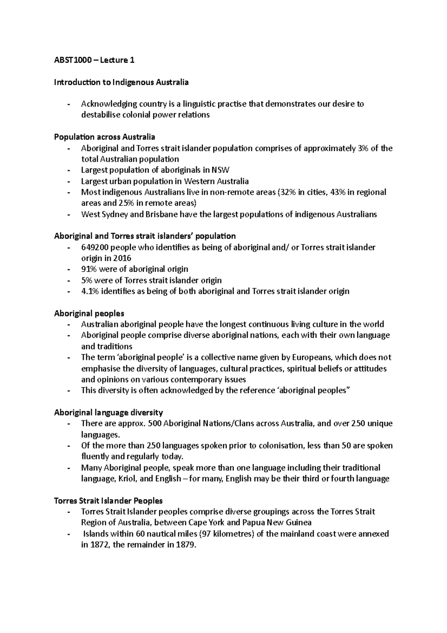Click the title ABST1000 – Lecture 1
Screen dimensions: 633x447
pos(94,60)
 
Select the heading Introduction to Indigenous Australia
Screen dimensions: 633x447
pos(121,82)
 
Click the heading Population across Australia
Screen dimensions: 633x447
pos(104,137)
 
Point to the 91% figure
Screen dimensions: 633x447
pos(89,269)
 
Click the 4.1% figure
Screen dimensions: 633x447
pos(90,291)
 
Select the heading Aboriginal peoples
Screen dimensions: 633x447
pos(89,313)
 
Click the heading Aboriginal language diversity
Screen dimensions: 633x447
pos(108,413)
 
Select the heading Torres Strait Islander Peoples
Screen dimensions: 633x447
pos(108,501)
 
